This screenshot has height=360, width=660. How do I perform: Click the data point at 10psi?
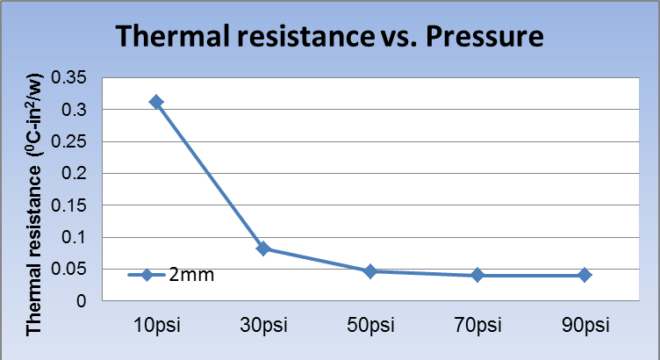(x=156, y=102)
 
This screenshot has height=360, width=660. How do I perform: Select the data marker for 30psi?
(x=263, y=248)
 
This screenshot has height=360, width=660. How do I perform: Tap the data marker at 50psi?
(x=370, y=271)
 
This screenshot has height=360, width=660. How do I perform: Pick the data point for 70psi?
(x=477, y=275)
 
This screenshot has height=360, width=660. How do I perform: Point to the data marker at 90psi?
(x=585, y=275)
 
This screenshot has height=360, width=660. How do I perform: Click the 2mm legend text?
(x=191, y=275)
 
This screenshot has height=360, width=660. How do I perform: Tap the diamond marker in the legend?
(x=147, y=275)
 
